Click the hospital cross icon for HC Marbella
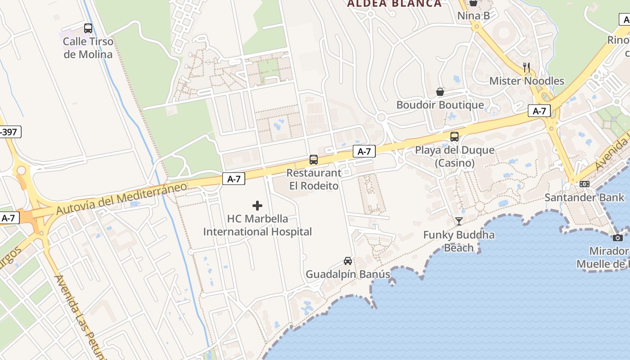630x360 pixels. [257, 206]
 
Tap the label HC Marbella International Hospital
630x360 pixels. [257, 225]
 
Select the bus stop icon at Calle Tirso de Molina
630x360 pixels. [88, 28]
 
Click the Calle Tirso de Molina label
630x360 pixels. [88, 48]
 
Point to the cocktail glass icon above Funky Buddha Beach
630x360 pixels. [459, 221]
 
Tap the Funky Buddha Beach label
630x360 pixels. [459, 241]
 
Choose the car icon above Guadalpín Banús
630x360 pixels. [348, 261]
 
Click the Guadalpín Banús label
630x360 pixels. [348, 274]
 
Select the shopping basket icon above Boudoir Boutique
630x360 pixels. [440, 92]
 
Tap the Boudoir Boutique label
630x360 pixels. [440, 105]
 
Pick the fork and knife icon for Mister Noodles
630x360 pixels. [526, 67]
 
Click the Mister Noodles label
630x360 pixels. [526, 81]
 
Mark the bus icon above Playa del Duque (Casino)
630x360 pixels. [454, 136]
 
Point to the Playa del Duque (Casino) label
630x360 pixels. [454, 156]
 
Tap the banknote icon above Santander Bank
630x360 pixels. [585, 184]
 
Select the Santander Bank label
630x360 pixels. [585, 197]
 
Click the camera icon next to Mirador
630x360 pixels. [618, 238]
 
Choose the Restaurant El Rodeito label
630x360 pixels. [314, 179]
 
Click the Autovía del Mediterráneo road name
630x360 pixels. [121, 198]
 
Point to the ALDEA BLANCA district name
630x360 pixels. [395, 4]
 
